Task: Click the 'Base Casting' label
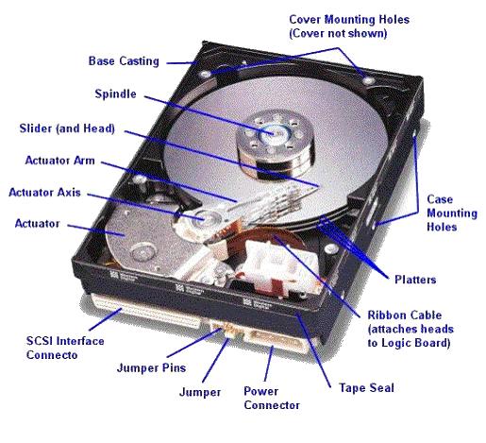click(124, 61)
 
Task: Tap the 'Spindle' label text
click(115, 94)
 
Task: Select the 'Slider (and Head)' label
click(67, 128)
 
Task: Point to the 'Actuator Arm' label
click(59, 161)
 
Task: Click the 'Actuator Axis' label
click(44, 192)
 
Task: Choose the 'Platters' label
click(415, 280)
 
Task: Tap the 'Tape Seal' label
click(366, 387)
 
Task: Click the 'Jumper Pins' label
click(151, 367)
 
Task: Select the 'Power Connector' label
click(272, 398)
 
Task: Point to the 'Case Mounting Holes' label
click(452, 213)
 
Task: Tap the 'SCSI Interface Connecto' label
click(65, 348)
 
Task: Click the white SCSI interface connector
click(147, 311)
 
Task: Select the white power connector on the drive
click(277, 341)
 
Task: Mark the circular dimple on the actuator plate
click(143, 253)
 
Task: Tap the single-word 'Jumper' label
click(200, 392)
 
